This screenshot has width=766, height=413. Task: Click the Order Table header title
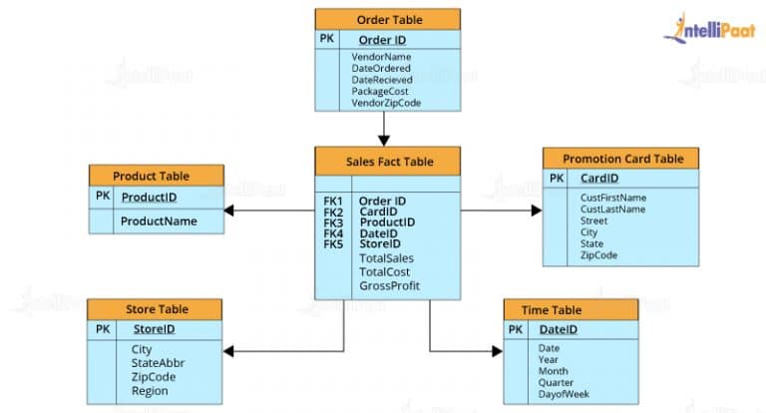[388, 19]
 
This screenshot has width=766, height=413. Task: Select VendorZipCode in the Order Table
[386, 103]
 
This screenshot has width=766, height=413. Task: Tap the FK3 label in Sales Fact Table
[333, 222]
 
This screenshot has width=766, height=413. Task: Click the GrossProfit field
[389, 286]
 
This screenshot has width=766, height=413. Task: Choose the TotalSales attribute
[386, 258]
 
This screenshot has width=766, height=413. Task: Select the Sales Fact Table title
[389, 160]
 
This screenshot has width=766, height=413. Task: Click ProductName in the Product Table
[159, 220]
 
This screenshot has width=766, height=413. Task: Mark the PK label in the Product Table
[103, 197]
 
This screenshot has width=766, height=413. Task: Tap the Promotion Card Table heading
[622, 159]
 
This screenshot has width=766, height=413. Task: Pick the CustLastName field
[612, 209]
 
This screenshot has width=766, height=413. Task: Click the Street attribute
[595, 221]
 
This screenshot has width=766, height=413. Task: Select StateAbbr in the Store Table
[158, 363]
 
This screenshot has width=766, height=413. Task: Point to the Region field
[150, 391]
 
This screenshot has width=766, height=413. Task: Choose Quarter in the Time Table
[556, 383]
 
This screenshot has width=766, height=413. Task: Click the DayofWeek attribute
[564, 395]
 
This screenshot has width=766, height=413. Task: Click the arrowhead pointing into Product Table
[228, 210]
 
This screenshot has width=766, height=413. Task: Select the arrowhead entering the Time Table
[497, 350]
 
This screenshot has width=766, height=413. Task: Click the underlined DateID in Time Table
[557, 330]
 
